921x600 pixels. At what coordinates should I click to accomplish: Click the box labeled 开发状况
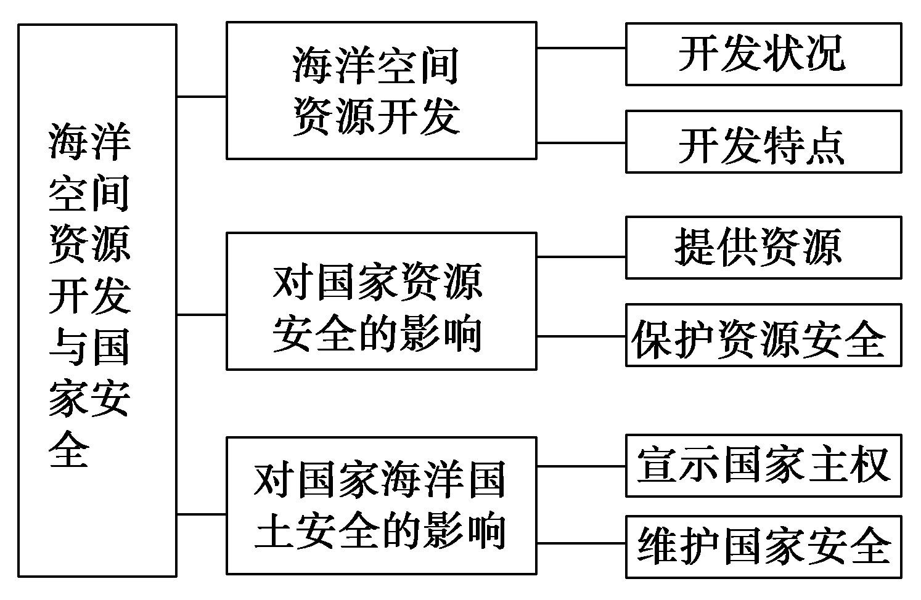point(763,54)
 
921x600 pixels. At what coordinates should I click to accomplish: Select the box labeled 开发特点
point(763,142)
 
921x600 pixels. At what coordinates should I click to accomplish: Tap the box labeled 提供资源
point(763,247)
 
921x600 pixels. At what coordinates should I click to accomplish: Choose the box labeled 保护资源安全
point(763,335)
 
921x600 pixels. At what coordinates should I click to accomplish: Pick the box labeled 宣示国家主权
point(763,465)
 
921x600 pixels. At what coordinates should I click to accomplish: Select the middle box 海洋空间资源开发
point(381,91)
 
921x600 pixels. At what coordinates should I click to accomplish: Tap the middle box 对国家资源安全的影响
point(381,301)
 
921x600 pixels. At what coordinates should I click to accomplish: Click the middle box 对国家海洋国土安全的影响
point(381,505)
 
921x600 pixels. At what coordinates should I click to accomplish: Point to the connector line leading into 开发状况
point(581,47)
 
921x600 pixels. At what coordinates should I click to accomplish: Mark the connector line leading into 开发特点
point(581,142)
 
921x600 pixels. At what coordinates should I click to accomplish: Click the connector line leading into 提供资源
point(581,257)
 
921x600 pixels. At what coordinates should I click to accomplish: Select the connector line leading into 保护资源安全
point(581,336)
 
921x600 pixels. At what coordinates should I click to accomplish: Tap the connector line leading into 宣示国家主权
point(581,466)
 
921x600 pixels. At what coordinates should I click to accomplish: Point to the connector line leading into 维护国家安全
point(581,544)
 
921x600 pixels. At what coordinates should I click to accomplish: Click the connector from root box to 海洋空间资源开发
point(201,97)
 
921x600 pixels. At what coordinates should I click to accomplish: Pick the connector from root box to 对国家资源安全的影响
point(201,315)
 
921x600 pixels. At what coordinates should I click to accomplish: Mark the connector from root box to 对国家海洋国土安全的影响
point(201,514)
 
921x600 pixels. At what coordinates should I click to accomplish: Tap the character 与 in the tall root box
point(69,347)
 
